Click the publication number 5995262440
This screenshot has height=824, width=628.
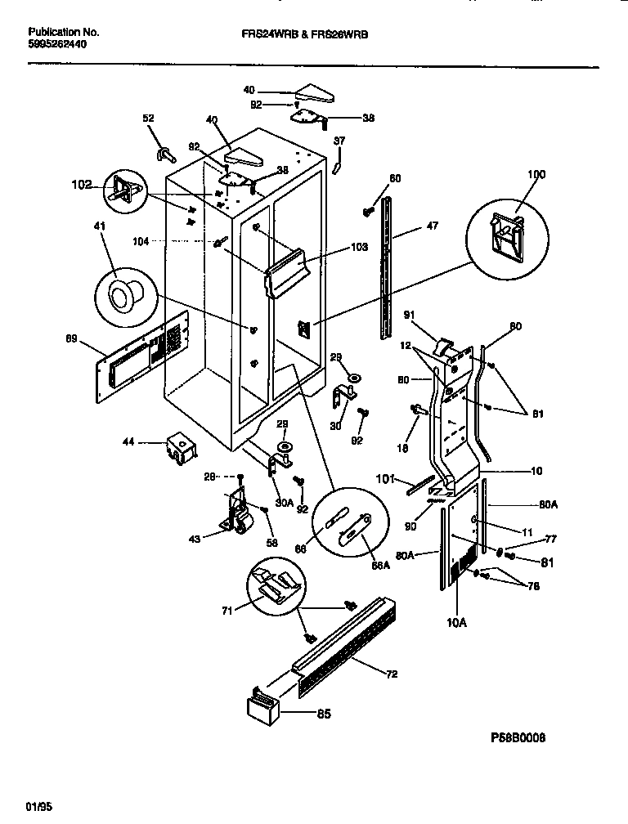coord(57,45)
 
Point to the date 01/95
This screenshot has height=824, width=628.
coord(38,806)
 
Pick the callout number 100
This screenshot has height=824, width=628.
coord(513,175)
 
